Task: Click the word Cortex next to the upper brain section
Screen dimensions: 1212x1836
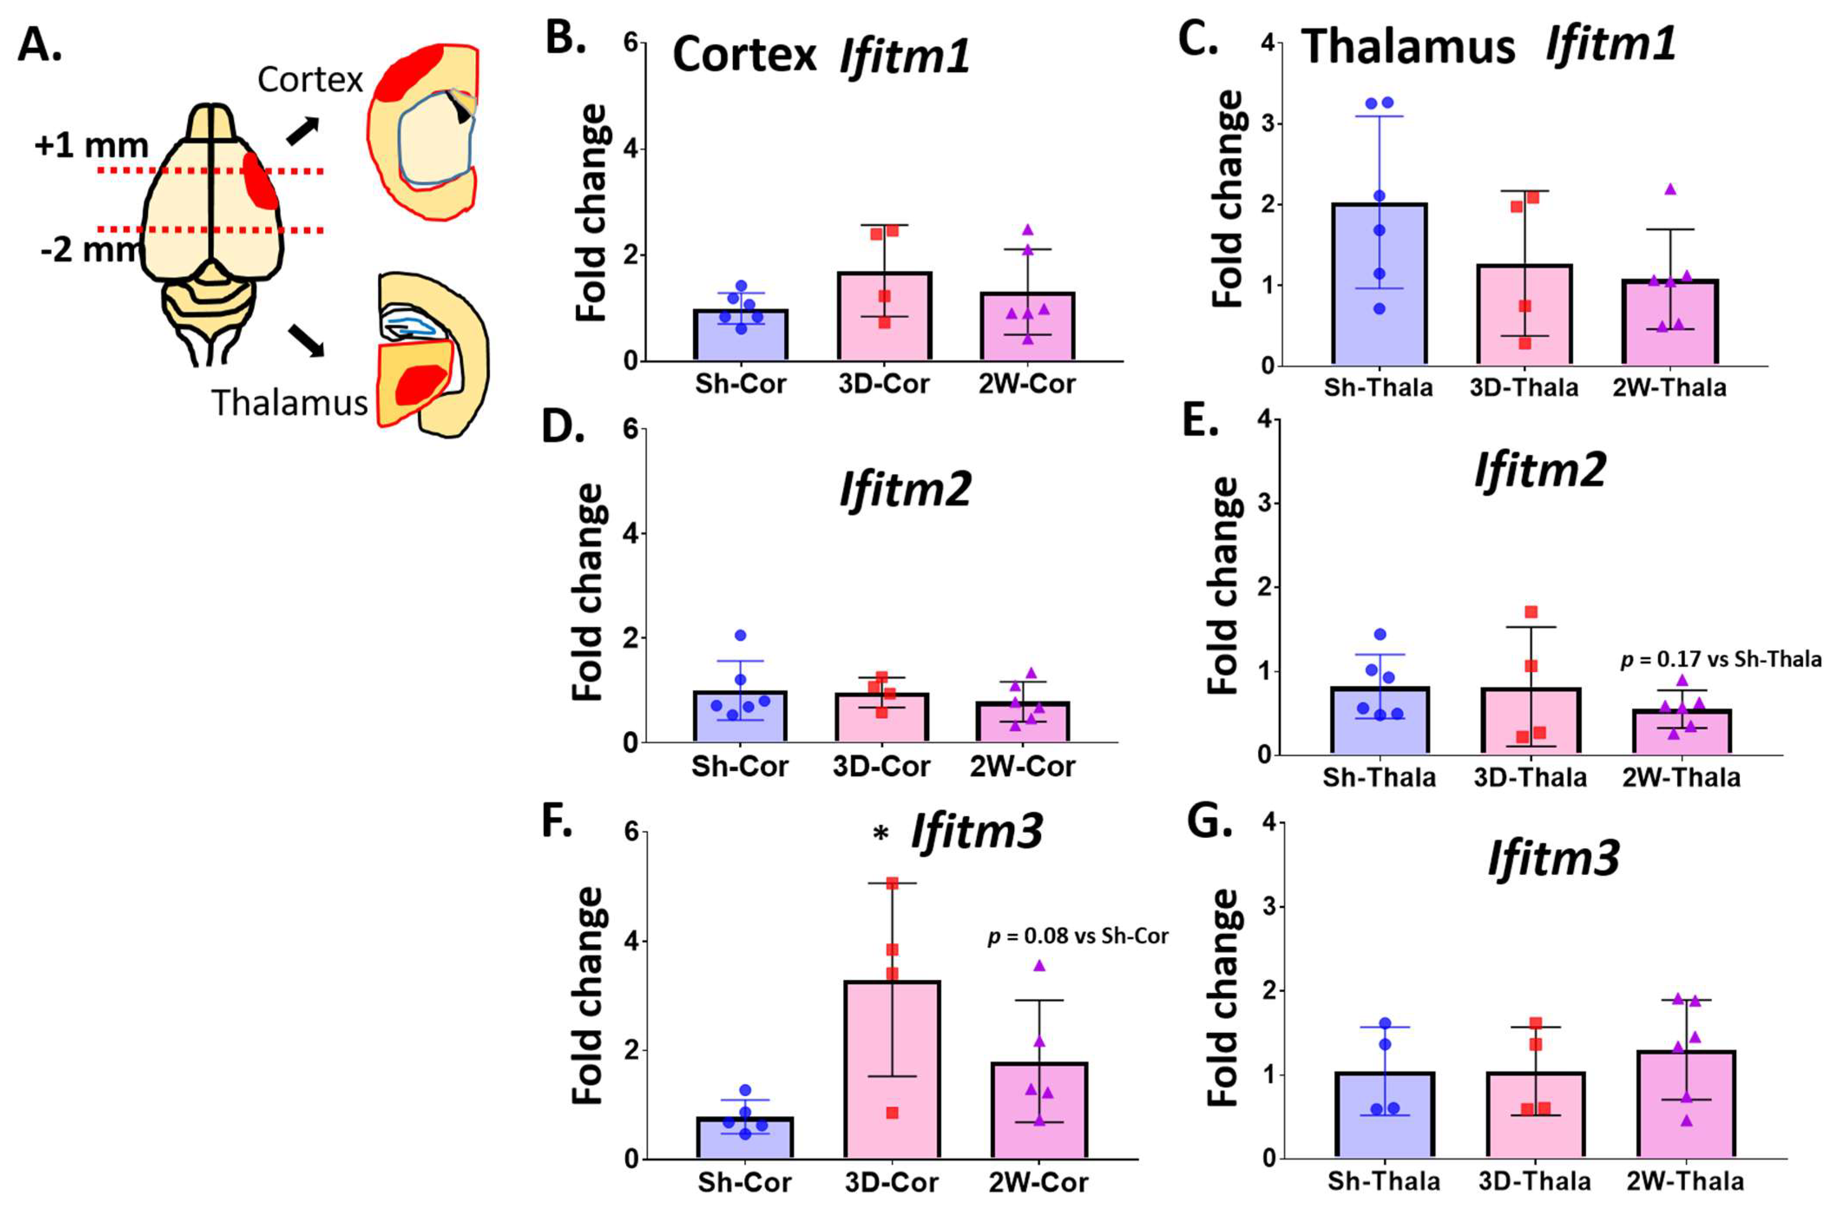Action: (310, 79)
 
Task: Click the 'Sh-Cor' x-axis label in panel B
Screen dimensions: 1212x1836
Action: (740, 384)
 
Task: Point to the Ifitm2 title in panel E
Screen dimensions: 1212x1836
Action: (1540, 470)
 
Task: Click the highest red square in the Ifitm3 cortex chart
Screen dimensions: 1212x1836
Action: (892, 884)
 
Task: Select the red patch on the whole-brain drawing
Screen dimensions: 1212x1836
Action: (261, 180)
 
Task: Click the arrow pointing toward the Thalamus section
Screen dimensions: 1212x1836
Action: (306, 340)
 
